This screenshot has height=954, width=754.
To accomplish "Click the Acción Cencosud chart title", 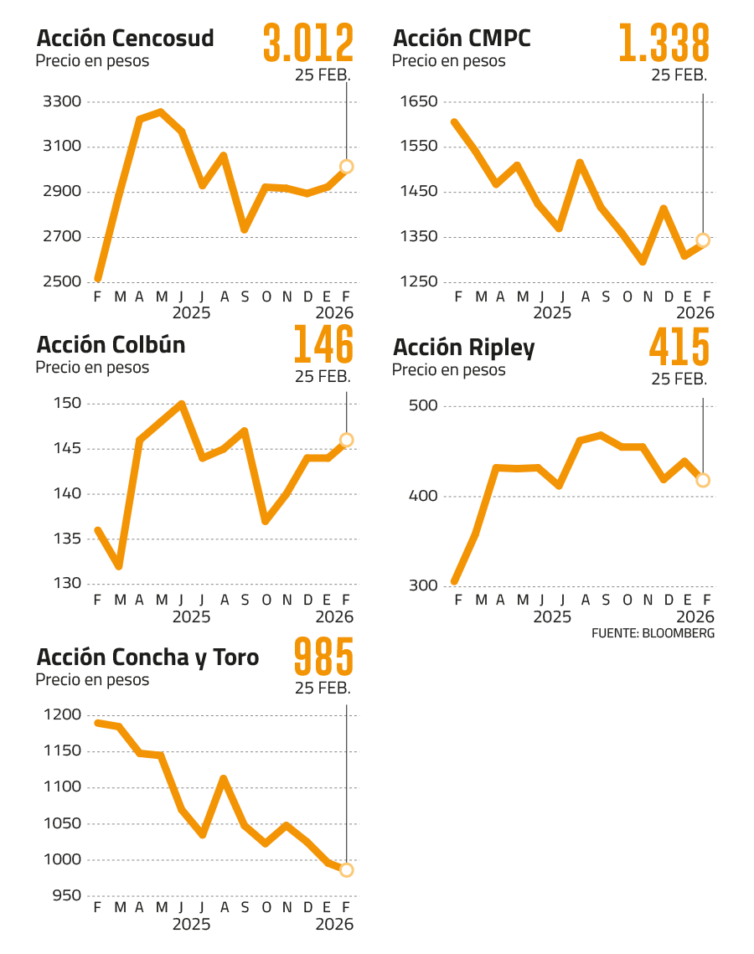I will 126,39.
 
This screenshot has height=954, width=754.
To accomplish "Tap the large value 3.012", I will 308,44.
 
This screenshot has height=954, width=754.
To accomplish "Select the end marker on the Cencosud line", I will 347,167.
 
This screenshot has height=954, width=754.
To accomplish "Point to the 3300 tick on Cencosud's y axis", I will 60,102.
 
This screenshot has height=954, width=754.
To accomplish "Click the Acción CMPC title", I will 461,39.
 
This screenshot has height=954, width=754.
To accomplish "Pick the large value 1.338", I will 664,44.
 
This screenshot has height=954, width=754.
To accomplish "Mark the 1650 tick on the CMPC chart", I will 419,102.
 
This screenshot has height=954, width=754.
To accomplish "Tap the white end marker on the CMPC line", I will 703,240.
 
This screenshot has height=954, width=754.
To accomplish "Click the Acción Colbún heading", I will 111,345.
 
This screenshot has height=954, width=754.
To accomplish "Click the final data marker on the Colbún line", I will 347,440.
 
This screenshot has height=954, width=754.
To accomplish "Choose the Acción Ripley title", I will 463,348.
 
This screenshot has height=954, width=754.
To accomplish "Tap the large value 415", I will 679,348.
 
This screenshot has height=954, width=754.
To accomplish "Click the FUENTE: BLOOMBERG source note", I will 653,633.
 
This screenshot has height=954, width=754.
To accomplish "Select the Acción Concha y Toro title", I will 147,657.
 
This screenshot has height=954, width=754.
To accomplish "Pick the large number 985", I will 323,657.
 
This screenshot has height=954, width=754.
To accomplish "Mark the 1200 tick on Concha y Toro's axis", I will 60,715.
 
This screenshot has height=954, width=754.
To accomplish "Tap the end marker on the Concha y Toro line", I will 347,870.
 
